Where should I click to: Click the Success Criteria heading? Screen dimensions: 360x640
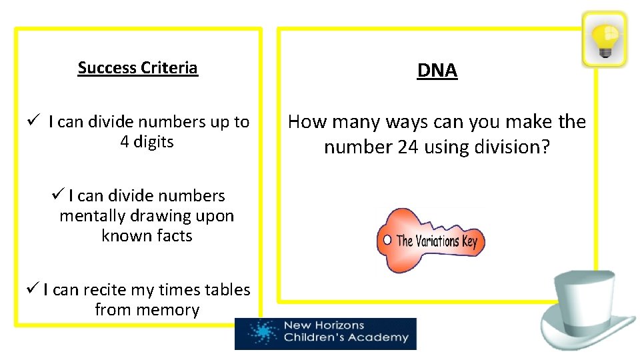137,68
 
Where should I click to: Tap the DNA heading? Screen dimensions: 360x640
437,71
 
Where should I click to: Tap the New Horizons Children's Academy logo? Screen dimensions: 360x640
325,333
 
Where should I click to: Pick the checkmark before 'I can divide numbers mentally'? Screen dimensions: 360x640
57,195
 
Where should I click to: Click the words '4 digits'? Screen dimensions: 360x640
147,142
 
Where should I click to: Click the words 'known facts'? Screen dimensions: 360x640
147,236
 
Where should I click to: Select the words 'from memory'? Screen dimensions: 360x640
147,310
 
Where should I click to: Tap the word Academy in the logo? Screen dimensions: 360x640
382,338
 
